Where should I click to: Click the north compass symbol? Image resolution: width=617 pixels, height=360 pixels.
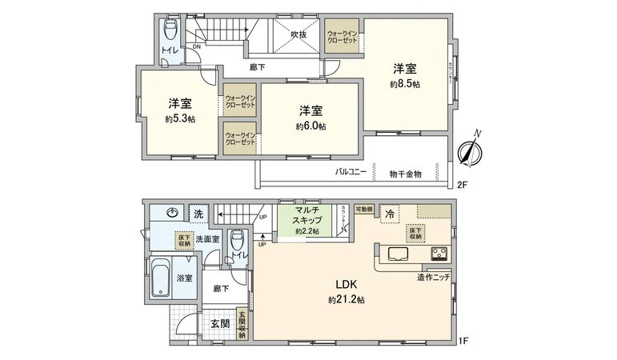pos(471,150)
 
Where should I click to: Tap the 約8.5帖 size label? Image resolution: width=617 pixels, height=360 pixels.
pos(405,84)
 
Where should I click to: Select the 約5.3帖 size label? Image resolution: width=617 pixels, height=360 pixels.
pos(180,118)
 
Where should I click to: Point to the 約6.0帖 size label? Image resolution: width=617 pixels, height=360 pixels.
pos(311,126)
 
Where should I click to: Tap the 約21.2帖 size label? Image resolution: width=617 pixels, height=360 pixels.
pos(346,300)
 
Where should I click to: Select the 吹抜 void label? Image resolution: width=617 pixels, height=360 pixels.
pos(299,34)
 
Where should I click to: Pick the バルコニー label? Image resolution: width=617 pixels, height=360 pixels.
pos(351,172)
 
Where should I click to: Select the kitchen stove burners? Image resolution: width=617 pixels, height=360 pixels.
pos(439,255)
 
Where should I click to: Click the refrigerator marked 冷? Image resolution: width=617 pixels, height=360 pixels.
pos(389,214)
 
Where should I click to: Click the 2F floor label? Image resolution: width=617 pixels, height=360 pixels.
pos(462,184)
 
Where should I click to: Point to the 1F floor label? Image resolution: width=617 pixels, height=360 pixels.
pos(462,342)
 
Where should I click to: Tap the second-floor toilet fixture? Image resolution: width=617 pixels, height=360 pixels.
pos(170,30)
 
